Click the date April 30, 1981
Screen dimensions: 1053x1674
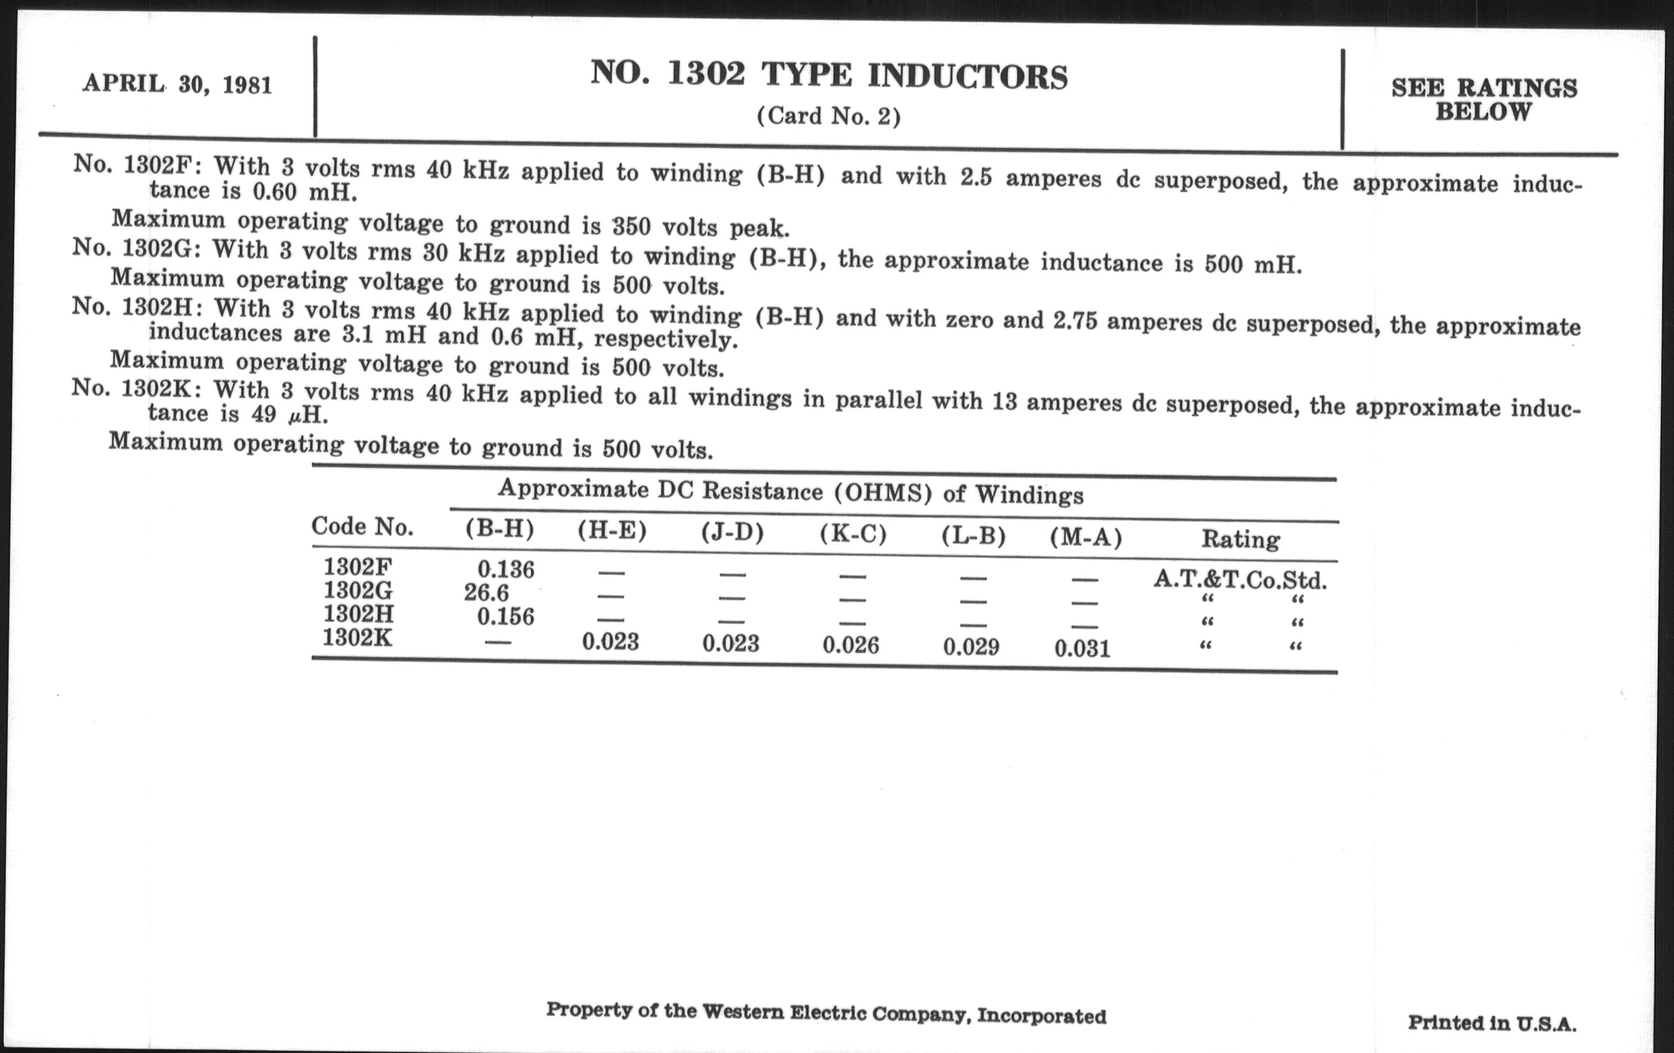click(178, 85)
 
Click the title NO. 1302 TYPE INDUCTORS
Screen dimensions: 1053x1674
click(829, 75)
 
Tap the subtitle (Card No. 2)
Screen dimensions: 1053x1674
click(829, 116)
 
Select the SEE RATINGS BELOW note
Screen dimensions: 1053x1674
click(1483, 99)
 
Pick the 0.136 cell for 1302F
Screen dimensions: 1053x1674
click(505, 570)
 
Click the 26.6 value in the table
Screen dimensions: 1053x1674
click(486, 593)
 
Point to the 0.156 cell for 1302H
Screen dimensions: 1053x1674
click(505, 617)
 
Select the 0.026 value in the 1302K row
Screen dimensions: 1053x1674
click(850, 645)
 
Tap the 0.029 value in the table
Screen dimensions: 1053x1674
click(971, 647)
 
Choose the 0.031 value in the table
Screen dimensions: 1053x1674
click(1082, 648)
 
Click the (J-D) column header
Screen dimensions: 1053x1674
click(732, 533)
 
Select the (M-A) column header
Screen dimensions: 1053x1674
click(1086, 538)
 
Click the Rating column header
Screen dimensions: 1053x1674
click(1240, 540)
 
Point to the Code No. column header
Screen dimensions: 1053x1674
click(362, 527)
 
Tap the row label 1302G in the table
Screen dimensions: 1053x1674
click(358, 591)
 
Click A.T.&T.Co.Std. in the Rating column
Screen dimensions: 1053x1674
click(1240, 579)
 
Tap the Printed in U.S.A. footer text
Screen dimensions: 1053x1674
click(1492, 1023)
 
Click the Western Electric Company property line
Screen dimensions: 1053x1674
click(826, 1013)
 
